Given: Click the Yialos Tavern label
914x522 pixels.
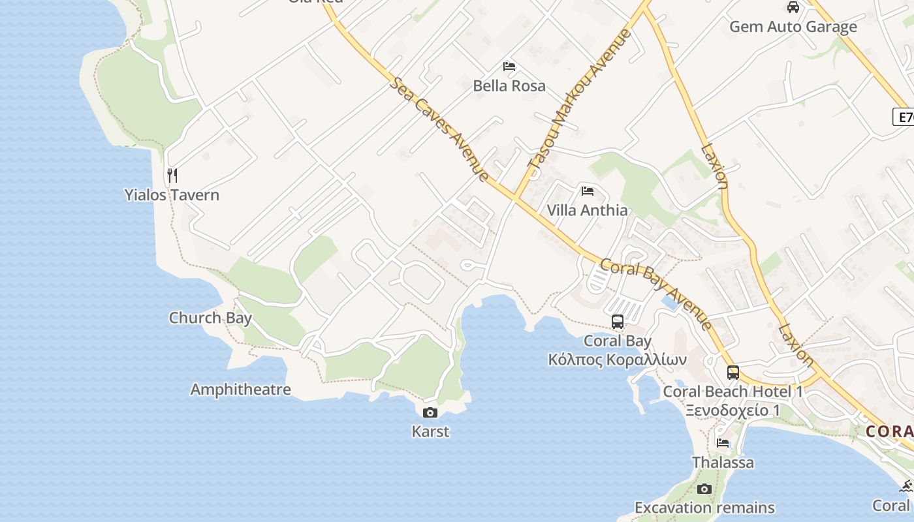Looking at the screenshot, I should pos(172,194).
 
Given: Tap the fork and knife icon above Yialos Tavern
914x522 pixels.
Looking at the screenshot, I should pos(172,175).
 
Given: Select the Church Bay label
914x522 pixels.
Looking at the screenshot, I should pos(210,318).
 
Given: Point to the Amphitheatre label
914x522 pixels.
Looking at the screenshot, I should pos(240,390).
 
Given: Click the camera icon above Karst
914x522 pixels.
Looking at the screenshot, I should pos(430,412).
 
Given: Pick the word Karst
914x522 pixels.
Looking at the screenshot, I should pos(430,431).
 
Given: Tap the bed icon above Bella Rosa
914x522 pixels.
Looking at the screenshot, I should pos(509,67).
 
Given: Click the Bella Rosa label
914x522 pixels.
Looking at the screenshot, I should pos(509,85).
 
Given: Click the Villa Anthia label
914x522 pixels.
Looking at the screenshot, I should pos(588,210).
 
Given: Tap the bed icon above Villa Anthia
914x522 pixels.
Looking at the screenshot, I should pos(588,191).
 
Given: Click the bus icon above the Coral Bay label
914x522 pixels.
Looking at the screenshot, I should pos(618,322).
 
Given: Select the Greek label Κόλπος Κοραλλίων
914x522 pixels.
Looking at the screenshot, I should pos(618,360).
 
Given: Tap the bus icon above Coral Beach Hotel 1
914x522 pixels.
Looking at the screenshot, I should pos(733,373).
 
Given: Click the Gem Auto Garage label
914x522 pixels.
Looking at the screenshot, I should pos(793,27).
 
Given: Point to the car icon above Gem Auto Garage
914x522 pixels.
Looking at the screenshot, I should pos(793,7).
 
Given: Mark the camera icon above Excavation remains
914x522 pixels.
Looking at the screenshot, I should pos(704,489).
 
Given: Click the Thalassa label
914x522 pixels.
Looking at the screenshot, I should pos(723,462).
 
